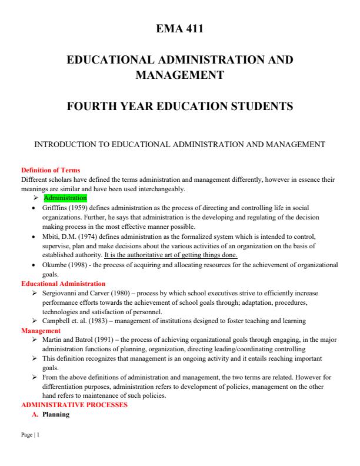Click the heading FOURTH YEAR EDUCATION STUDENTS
coord(180,106)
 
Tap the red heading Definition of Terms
coord(51,171)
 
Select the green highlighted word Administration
coord(65,198)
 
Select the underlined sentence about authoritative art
coord(171,255)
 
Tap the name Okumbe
coord(56,265)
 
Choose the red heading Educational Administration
coord(63,284)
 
